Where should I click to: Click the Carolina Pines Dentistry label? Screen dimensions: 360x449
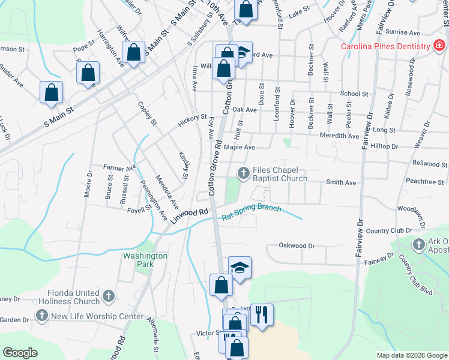tap(385, 46)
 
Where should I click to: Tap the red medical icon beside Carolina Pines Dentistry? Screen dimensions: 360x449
tap(439, 46)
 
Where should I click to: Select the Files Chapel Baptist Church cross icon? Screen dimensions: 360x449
tap(244, 174)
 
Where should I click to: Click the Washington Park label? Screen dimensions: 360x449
tap(145, 259)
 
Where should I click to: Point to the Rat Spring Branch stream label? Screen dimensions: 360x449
tap(252, 212)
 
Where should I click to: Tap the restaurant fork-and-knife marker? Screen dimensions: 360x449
tap(261, 315)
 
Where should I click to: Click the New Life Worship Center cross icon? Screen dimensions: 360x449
tap(42, 316)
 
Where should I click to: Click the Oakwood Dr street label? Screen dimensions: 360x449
tap(297, 245)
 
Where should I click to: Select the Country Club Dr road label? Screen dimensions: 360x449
tap(385, 231)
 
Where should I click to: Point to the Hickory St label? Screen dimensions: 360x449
tap(191, 121)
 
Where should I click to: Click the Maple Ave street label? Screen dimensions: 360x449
tap(240, 147)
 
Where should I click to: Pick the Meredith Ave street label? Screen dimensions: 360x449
tap(339, 136)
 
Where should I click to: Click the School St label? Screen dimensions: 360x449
tap(354, 94)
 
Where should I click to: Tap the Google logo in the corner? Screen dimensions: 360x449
tap(20, 353)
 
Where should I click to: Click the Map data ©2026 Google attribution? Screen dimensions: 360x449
tap(411, 355)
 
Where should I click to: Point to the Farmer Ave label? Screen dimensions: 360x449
tap(120, 168)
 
